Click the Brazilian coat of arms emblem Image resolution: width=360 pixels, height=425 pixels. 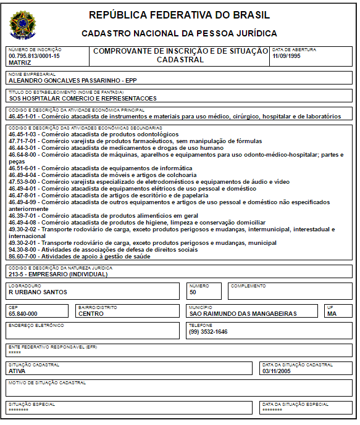23,25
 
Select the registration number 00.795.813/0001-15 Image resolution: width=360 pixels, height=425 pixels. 34,56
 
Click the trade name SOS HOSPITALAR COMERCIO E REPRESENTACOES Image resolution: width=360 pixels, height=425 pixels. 82,98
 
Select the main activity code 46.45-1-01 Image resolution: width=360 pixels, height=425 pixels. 24,116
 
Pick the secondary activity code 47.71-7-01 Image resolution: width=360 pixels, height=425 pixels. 24,141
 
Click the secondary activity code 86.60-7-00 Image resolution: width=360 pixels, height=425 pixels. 24,256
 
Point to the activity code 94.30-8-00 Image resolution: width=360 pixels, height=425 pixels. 24,249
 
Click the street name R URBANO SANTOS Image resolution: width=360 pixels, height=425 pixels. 38,292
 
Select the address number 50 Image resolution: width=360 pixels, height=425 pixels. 193,292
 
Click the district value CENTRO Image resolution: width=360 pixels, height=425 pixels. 91,313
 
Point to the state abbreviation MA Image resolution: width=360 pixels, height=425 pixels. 332,313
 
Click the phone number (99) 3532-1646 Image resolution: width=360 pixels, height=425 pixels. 208,332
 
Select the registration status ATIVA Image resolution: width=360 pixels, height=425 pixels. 17,371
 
